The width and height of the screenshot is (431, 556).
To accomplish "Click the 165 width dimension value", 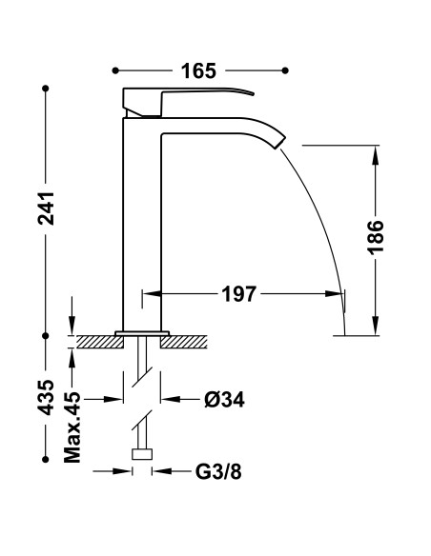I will tap(199, 70).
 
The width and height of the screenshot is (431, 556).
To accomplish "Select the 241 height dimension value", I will tap(45, 210).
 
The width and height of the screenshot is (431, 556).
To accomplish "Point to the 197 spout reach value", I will tap(237, 294).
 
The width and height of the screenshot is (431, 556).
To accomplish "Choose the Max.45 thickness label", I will tap(72, 428).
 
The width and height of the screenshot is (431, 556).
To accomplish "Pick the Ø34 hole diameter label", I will tap(225, 400).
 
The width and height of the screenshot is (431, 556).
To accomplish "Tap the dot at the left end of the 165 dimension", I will tap(115, 70).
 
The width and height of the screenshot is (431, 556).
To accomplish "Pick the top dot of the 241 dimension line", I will tap(45, 89).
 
